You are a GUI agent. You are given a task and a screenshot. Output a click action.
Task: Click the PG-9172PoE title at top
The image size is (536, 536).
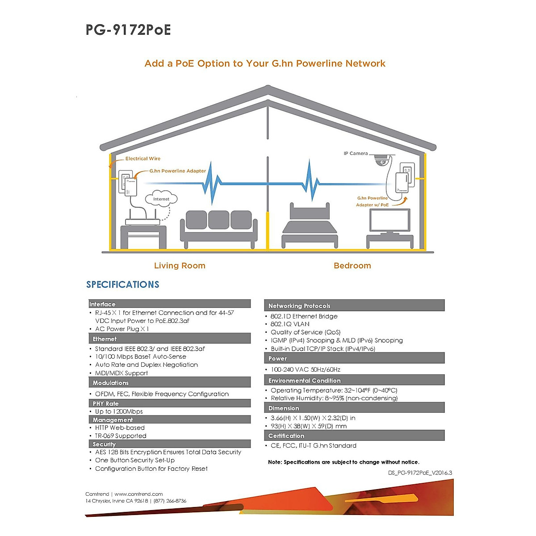click(128, 30)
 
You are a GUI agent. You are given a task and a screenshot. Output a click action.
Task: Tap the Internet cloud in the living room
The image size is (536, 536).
click(161, 199)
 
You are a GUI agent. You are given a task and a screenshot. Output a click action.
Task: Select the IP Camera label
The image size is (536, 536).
click(356, 154)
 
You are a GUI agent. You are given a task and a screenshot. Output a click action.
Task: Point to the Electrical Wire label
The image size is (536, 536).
click(142, 159)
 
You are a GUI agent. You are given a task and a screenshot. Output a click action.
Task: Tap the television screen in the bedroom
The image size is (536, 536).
click(389, 220)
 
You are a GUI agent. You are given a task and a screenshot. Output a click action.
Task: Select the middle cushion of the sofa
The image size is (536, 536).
click(218, 220)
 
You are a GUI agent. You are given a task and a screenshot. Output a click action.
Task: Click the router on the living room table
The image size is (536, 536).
click(142, 222)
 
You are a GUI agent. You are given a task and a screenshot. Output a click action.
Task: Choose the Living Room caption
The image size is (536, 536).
click(180, 266)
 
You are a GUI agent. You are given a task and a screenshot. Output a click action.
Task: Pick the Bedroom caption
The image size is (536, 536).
click(352, 266)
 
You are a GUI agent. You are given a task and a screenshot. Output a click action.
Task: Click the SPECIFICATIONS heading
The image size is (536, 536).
click(123, 285)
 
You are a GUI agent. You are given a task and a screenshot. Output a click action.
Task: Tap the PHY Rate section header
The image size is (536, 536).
click(106, 403)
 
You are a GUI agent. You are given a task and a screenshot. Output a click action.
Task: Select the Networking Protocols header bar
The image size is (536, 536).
click(299, 306)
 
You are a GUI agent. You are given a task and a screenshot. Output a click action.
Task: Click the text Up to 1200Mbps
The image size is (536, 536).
click(119, 411)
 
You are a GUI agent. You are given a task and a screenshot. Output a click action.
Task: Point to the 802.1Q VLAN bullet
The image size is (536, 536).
click(290, 324)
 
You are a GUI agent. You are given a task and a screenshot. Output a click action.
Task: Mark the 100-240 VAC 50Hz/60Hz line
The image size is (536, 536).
click(306, 369)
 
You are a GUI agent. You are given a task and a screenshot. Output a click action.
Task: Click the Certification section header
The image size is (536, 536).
click(286, 435)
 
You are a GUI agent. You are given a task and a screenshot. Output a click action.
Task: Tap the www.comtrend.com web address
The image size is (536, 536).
click(138, 494)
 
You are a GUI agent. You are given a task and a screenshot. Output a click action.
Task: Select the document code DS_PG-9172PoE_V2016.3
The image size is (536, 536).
click(420, 473)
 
